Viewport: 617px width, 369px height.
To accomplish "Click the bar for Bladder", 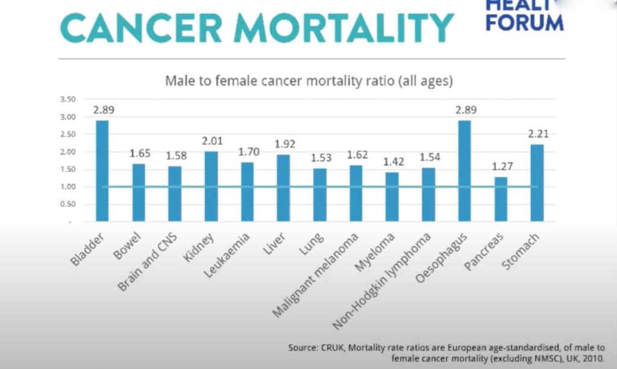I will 102,171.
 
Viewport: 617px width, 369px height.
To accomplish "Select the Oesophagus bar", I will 464,171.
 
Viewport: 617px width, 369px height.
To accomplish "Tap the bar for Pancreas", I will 501,199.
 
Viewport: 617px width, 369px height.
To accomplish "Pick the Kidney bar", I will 211,186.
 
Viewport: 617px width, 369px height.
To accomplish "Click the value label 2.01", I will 211,141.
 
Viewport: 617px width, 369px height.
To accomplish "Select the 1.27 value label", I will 501,166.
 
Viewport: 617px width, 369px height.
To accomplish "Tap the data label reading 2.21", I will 537,134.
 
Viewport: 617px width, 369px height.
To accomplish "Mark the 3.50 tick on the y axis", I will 67,99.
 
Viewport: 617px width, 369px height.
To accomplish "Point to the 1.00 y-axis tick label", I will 67,187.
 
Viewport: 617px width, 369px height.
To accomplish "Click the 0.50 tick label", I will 67,204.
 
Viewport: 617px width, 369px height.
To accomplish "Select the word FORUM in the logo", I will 524,23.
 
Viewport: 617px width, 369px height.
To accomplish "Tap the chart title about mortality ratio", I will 309,80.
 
